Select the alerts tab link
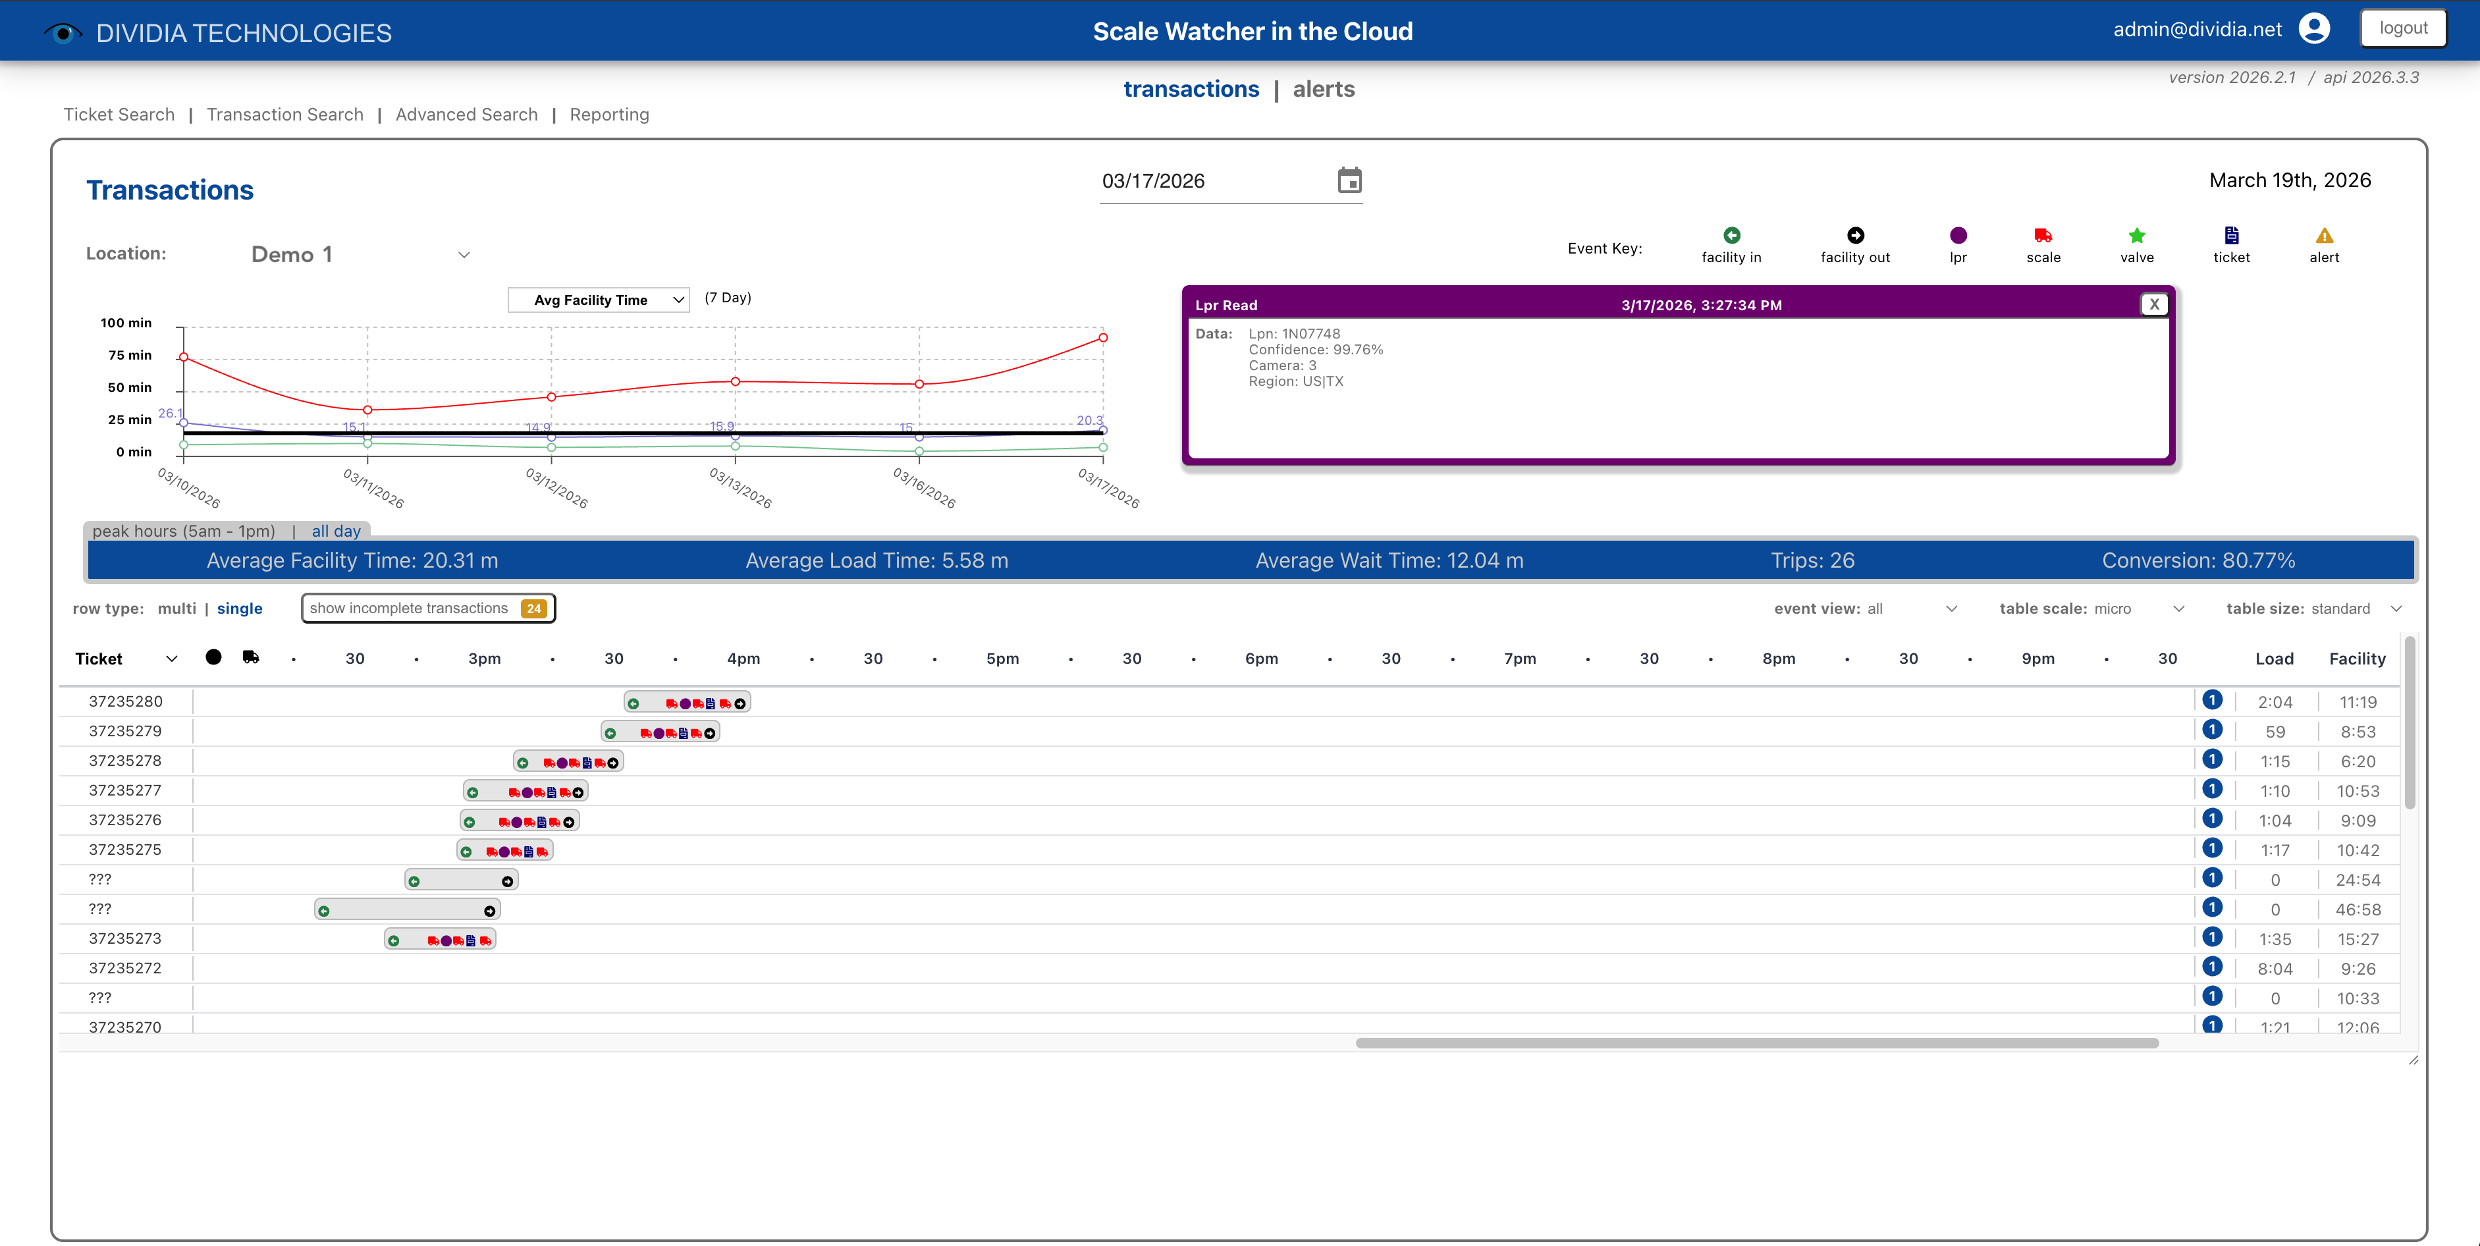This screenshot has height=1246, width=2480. click(1323, 90)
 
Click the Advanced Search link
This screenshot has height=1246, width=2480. click(466, 115)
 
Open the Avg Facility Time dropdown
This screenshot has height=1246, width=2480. click(598, 300)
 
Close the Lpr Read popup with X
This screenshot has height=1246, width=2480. click(2153, 304)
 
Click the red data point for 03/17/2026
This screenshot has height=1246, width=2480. click(1102, 338)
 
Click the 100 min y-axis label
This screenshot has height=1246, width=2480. click(126, 323)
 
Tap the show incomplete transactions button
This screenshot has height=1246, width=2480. click(427, 609)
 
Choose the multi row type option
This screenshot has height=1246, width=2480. click(176, 609)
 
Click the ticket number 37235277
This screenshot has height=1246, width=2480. click(125, 790)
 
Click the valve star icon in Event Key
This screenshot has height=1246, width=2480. click(2136, 236)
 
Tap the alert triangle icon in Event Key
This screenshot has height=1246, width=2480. click(2323, 236)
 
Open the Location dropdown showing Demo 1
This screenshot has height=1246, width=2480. click(358, 255)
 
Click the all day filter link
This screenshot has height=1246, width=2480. click(336, 531)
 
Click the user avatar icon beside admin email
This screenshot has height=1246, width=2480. click(2313, 29)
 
